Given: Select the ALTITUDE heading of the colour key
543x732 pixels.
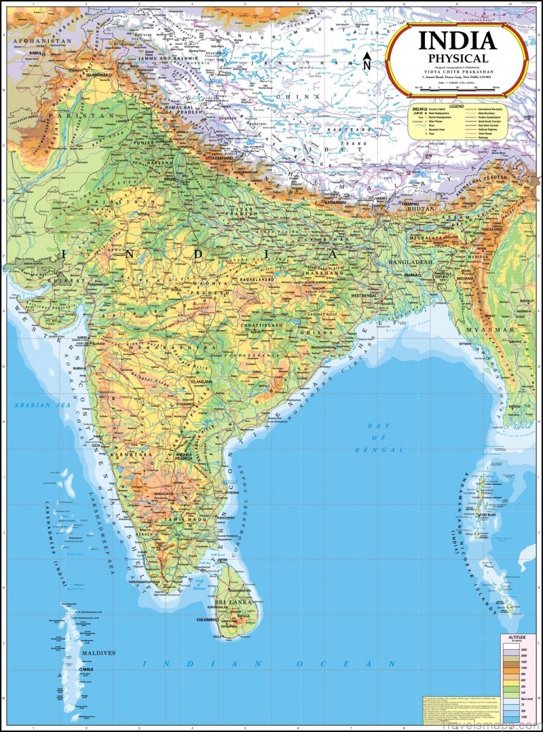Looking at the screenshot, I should coord(517,637).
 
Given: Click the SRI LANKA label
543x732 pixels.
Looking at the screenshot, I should coord(233,602).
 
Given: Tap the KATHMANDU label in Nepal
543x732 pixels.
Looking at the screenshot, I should coord(337,202).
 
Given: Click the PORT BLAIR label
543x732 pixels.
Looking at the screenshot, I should coord(504,513).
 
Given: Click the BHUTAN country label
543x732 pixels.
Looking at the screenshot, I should coord(411,211).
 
